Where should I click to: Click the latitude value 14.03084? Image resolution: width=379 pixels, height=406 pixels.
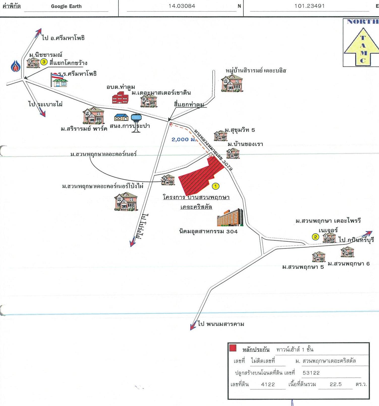coord(182,6)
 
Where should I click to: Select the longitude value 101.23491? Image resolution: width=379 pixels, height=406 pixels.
coord(309,6)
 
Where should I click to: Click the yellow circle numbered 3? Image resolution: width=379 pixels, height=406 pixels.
coord(44,62)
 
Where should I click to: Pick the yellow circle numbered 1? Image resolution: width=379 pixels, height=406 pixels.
coord(215,186)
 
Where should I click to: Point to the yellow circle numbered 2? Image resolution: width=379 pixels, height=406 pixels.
coord(315,237)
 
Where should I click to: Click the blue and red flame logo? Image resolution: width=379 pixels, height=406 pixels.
coord(15,66)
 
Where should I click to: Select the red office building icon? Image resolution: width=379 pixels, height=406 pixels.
coord(120,98)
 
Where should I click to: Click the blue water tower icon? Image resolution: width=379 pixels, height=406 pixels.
coord(136,123)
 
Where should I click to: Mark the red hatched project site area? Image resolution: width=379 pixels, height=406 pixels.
coord(199,177)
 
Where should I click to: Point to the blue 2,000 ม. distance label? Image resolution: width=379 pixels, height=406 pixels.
coord(183,139)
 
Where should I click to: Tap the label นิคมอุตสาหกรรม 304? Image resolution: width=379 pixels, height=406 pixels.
coord(208,231)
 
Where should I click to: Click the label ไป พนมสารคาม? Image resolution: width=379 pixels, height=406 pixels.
coord(221,324)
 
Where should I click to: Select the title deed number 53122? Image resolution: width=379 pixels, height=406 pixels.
coord(311,373)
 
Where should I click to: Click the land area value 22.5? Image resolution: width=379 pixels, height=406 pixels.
coord(336,384)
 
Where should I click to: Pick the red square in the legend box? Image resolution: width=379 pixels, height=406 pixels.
coord(233,348)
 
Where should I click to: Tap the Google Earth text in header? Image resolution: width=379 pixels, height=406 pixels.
coord(66,6)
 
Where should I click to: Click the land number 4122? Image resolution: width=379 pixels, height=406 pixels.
coord(268,384)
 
